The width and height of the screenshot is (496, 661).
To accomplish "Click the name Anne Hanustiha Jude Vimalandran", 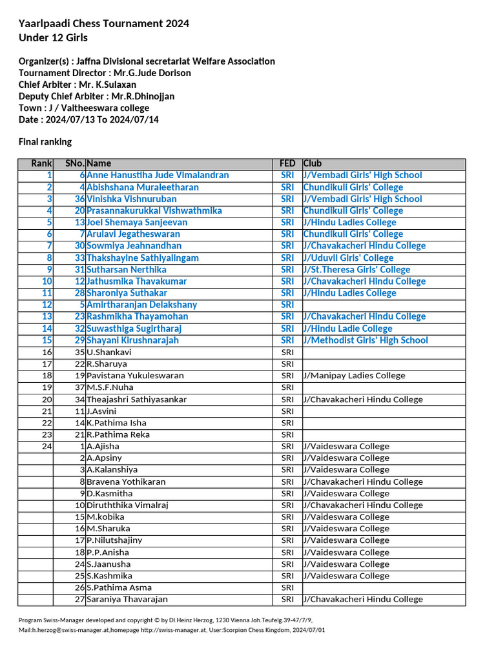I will pos(158,175).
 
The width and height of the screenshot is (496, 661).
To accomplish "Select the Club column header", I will pos(313,163).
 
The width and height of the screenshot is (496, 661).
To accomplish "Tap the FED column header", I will pos(287,163).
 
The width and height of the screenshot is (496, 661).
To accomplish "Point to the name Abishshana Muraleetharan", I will pos(143,187).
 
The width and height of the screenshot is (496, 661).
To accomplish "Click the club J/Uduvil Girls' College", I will pos(357,258).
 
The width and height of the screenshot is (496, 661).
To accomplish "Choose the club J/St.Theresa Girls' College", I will pos(356,269).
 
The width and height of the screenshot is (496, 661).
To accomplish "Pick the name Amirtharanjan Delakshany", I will pos(142,305).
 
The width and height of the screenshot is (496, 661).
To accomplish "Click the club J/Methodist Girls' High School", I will pos(366,340).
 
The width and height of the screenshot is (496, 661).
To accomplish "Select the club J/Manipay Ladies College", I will pos(354,375).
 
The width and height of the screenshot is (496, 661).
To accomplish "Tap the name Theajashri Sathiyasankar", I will pos(136,400).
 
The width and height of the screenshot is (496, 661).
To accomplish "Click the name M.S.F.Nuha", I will pos(110,387).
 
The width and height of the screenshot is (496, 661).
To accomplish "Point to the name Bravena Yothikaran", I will pos(126,482).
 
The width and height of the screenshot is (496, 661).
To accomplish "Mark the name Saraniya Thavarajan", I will pos(127,599).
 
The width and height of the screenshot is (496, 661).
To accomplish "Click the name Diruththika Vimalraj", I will pos(127,505).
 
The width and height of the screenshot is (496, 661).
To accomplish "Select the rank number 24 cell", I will pos(46,446).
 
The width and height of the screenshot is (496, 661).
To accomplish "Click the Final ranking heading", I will pos(45,141).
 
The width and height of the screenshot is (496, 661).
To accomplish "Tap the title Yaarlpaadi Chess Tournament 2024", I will pos(104,24).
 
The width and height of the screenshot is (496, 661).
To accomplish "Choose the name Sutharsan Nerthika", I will pos(127,269).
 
